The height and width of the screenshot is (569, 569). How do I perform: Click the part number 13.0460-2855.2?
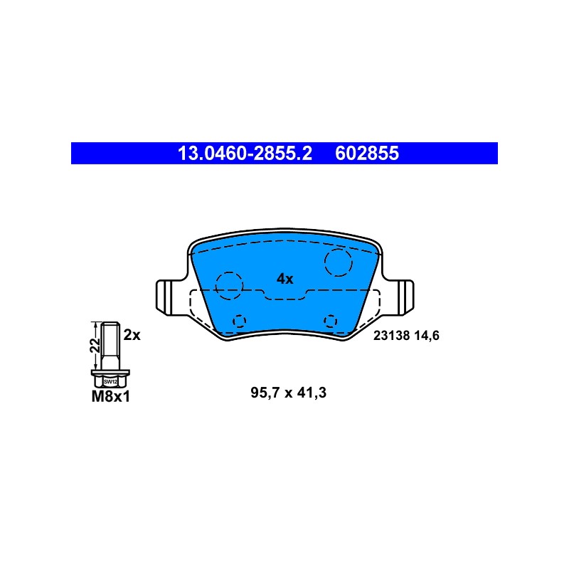[x=245, y=153]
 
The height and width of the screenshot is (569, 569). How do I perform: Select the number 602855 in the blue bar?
[x=367, y=153]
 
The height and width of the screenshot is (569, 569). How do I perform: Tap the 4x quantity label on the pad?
[x=285, y=279]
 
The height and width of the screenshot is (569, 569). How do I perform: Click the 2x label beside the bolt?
[x=132, y=335]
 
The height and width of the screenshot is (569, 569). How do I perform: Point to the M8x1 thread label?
[x=110, y=397]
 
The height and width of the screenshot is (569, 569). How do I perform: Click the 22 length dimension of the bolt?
[x=95, y=345]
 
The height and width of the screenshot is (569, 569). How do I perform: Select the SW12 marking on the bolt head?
[x=110, y=382]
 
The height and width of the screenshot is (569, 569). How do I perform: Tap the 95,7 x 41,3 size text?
[x=289, y=393]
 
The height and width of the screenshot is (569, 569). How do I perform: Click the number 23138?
[x=391, y=336]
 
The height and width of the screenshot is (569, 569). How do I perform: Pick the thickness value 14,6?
[x=427, y=336]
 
